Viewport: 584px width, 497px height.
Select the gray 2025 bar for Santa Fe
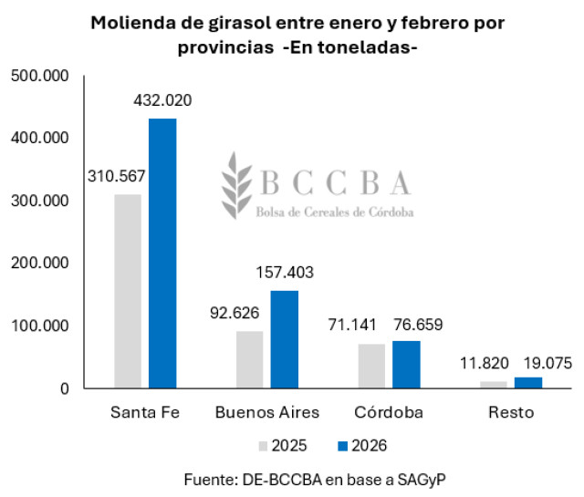pos(128,291)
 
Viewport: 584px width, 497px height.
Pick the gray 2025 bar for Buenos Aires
pos(250,359)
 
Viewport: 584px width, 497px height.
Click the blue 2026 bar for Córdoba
pos(406,365)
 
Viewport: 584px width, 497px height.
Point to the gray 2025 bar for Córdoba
pos(371,366)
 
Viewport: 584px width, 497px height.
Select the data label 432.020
pos(163,101)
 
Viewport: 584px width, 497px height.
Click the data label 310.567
pos(116,176)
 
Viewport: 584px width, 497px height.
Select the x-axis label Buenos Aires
pos(267,412)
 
